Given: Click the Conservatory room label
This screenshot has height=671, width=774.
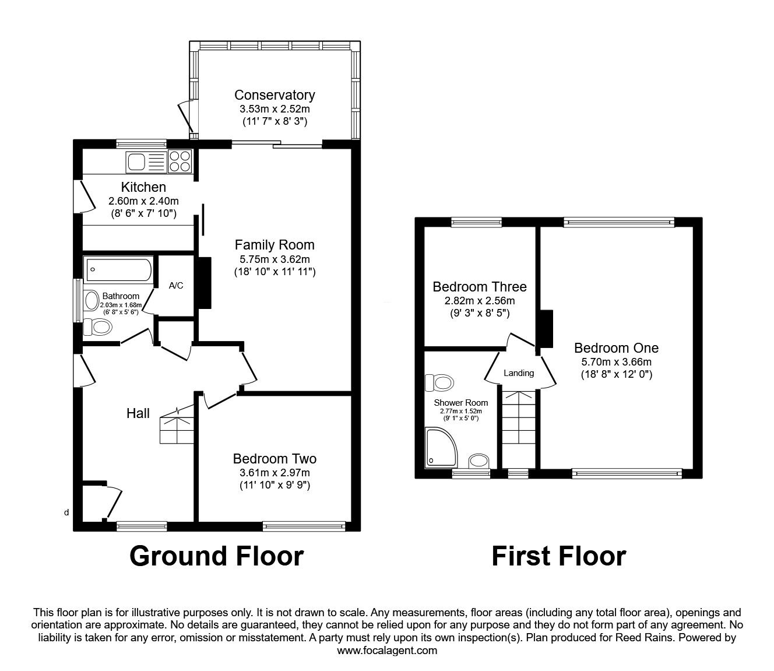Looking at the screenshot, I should coord(275,95).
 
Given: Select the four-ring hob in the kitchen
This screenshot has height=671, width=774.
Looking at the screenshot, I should coord(180,161).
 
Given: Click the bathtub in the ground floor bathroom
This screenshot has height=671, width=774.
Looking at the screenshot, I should coord(119,270).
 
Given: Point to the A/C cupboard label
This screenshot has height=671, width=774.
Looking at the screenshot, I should coord(176,286).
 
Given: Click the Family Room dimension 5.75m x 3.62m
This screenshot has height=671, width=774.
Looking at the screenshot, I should coord(275,259).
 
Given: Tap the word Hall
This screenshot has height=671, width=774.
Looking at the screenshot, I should coord(138,413).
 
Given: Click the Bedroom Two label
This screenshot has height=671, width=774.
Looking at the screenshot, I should coord(275,459).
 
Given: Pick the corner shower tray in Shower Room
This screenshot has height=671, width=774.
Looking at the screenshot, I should coord(442,448).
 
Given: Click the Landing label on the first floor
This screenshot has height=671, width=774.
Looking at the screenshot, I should coord(519,373).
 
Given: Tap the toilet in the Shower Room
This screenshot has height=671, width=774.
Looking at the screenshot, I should coord(439,383).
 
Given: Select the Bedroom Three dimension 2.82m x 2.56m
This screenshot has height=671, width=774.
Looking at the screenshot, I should coord(480,301).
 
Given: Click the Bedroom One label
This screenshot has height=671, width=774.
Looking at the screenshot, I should coord(616,348).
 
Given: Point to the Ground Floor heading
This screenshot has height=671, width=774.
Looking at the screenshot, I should coord(216,556).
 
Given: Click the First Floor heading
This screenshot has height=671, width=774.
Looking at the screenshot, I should coord(558,556).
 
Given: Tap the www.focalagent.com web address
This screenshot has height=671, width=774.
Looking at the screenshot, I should coord(387,651).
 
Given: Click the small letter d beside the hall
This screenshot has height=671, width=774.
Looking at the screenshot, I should coord(66,512).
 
